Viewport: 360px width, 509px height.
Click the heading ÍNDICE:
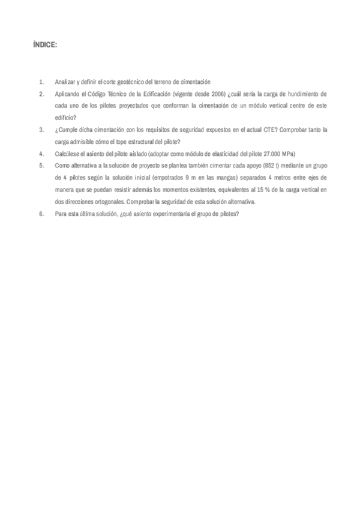46,45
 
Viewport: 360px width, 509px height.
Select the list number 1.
41,82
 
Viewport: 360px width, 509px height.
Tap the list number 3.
41,129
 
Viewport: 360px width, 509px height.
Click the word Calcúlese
68,154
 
